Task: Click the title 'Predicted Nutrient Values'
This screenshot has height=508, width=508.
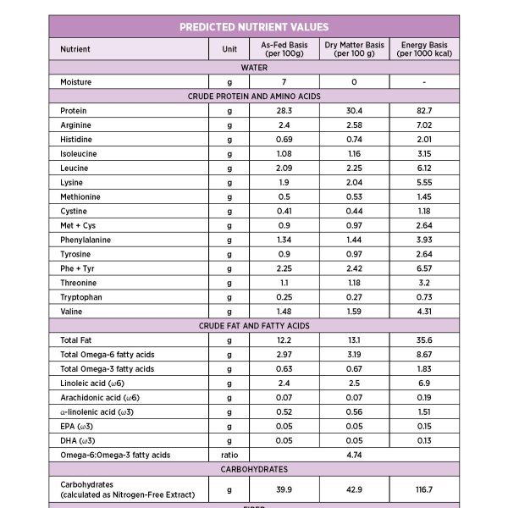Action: [x=254, y=27]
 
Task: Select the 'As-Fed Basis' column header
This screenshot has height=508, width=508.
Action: [x=284, y=49]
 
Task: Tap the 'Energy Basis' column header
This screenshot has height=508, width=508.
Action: [x=423, y=49]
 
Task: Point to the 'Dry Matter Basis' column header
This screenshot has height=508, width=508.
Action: [x=354, y=49]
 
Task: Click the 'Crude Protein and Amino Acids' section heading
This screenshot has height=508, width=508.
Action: [x=254, y=97]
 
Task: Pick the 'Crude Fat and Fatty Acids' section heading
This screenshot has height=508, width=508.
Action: [x=254, y=326]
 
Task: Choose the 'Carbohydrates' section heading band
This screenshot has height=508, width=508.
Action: [x=254, y=469]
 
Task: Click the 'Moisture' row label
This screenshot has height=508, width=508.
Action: [x=76, y=82]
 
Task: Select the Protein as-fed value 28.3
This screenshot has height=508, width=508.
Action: [x=284, y=111]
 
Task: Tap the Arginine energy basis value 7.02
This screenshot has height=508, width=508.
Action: [x=423, y=125]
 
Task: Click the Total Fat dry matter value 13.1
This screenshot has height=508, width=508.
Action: [x=354, y=340]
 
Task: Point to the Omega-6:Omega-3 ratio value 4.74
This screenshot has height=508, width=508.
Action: [x=354, y=455]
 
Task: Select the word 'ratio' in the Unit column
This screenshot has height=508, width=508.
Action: [x=229, y=455]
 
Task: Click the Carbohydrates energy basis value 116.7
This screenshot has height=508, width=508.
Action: [x=423, y=489]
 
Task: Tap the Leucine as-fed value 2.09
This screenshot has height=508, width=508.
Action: [x=284, y=168]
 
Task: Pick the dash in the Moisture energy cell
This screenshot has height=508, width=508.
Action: [x=423, y=82]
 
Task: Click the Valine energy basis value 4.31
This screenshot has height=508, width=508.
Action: [x=423, y=312]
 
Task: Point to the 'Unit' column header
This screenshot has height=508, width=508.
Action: [x=229, y=49]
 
